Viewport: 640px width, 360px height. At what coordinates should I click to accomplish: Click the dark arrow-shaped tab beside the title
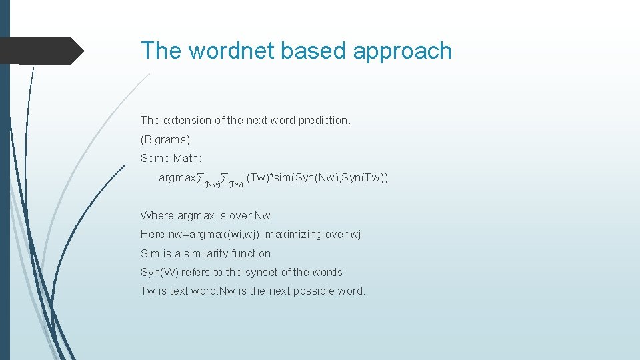tap(41, 51)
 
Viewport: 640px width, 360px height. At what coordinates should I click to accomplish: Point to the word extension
tap(187, 121)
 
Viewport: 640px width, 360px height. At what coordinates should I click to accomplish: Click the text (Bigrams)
tap(165, 140)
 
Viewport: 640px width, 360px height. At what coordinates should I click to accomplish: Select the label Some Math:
tap(171, 159)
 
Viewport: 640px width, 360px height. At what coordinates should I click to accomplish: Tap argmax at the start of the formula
tap(177, 178)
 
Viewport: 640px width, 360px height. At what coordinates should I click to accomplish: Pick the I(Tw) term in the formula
tap(257, 178)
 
